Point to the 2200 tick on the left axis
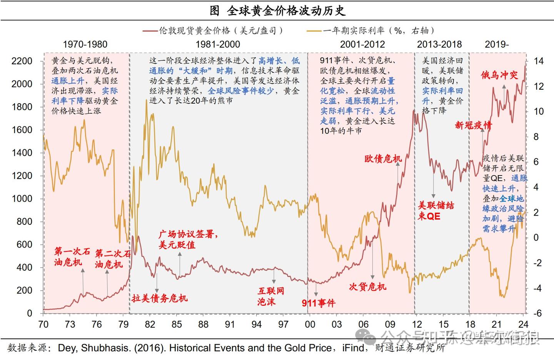coord(22,61)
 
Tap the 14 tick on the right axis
coord(539,61)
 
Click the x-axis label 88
coord(203,324)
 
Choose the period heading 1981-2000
coord(218,44)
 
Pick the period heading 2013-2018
coord(439,44)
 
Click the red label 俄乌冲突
coord(499,75)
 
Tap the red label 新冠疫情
coord(473,125)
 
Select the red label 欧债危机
coord(383,159)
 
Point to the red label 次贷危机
coord(367,287)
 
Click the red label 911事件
coord(319,303)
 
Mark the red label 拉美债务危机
coord(160,298)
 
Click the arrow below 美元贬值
coord(180,266)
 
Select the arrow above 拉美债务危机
coord(157,283)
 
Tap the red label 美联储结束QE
coord(436,211)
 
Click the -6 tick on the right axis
coord(537,313)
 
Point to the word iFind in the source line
coord(353,348)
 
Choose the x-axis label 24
coord(523,324)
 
